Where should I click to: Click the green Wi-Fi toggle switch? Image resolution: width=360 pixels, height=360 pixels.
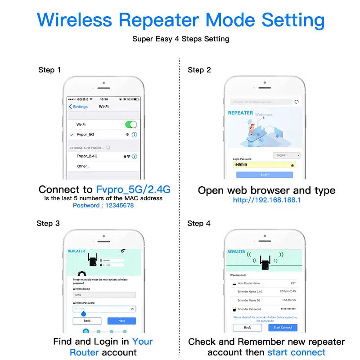130,124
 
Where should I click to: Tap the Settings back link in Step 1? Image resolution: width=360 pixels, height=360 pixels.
78,107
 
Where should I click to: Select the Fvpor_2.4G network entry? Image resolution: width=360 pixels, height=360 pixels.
87,156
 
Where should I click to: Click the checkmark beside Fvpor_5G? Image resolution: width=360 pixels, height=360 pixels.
72,135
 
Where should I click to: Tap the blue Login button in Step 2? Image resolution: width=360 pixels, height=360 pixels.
264,175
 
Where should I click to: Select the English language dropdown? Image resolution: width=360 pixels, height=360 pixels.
287,155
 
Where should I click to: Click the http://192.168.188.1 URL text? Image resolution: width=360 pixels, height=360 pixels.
267,200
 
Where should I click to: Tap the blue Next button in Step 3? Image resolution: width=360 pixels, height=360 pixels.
121,321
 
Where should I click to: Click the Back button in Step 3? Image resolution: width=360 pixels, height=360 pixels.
87,321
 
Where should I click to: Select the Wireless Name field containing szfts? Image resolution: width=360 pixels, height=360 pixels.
104,295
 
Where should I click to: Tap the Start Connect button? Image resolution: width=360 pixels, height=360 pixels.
283,327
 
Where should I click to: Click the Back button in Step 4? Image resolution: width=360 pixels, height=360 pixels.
247,327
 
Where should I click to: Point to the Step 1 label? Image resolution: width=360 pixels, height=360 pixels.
49,70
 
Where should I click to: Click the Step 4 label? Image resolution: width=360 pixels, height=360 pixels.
198,223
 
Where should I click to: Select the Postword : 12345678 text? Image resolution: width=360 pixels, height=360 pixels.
103,206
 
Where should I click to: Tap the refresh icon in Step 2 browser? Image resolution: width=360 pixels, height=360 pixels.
296,102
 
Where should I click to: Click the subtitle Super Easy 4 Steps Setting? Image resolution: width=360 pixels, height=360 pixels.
180,39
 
